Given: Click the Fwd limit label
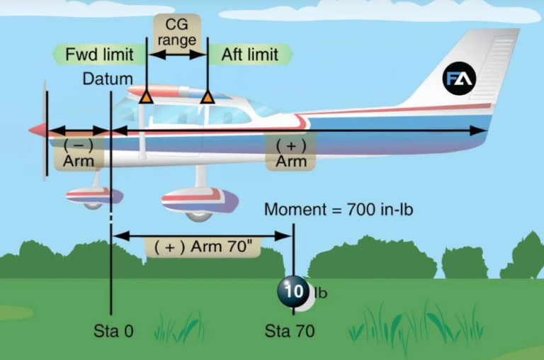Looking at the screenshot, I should pos(93,54).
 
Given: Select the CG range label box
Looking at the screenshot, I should pos(176,32).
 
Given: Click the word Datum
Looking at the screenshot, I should pos(107,78).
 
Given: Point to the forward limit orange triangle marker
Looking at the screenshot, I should pos(145,97).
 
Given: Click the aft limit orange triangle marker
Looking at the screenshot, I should pos(207,97).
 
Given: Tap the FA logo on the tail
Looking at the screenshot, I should pos(460,78).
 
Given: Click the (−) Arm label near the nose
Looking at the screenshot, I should pos(79,152).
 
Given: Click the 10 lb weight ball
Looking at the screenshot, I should pos(291,291).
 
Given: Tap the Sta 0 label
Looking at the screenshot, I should pos(113,331).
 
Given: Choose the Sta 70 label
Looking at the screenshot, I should pos(290,331).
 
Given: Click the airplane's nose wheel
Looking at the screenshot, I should pos(93,204).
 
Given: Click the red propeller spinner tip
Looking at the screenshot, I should pos(35,130).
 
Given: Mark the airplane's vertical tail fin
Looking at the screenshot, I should pos(467,71).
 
